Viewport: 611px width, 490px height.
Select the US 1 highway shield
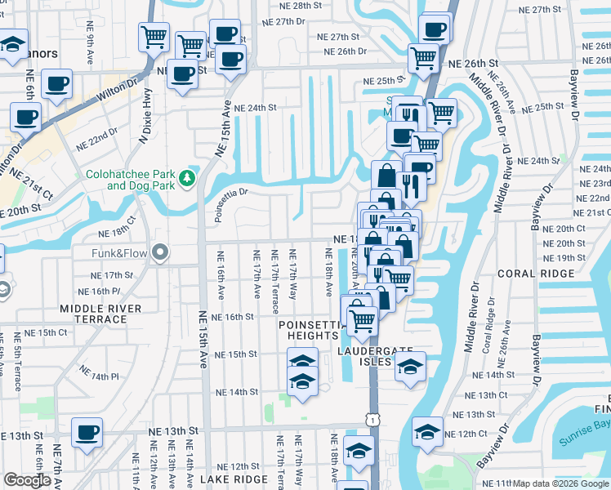click(x=372, y=418)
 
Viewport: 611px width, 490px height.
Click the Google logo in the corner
click(x=27, y=480)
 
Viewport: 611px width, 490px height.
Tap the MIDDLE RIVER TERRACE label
click(x=100, y=314)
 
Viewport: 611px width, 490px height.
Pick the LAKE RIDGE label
click(x=233, y=479)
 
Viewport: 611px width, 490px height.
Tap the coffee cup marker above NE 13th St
click(x=87, y=432)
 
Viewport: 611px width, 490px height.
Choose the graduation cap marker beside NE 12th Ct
click(x=427, y=431)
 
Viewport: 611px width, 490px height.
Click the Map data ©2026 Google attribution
click(x=560, y=483)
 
